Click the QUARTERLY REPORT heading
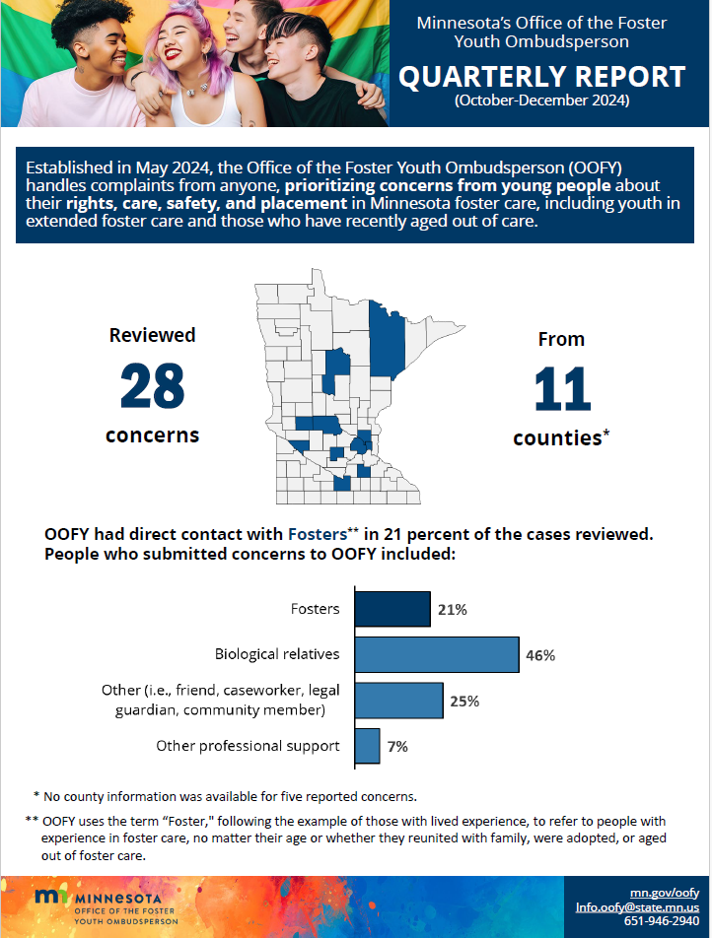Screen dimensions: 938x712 [541, 77]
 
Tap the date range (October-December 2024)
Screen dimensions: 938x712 [541, 101]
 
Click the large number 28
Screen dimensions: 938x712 [152, 386]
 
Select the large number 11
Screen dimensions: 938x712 [561, 390]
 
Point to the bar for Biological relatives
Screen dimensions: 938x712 [436, 654]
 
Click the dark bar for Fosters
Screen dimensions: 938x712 [392, 609]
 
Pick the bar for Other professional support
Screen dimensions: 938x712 [366, 746]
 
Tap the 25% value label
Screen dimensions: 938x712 [463, 702]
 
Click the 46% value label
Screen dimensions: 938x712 [540, 655]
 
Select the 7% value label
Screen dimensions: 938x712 [397, 747]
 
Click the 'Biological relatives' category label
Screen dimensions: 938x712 [277, 654]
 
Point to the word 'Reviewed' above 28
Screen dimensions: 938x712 [152, 335]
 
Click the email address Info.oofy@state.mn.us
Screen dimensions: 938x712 [637, 906]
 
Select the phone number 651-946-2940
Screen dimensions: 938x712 [661, 921]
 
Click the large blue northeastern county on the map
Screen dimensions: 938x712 [387, 340]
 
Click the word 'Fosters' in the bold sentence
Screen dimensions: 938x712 [316, 534]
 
